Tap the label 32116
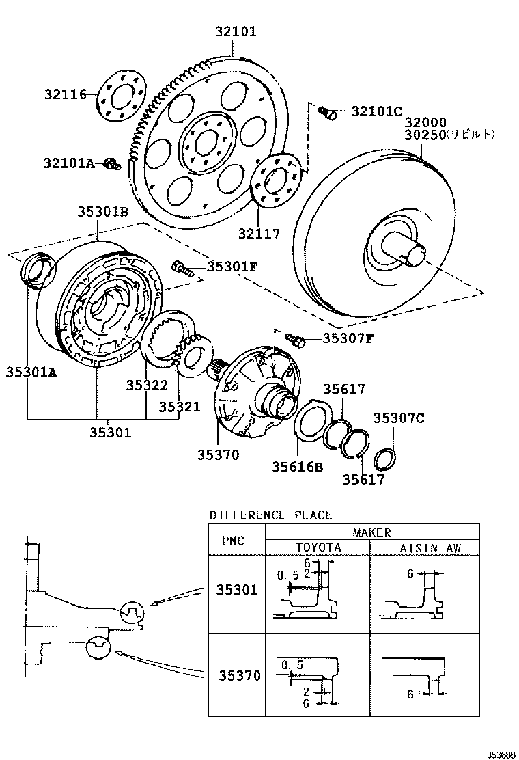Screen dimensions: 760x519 (66, 94)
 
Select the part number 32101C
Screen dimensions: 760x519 (376, 111)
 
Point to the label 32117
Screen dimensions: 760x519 (259, 234)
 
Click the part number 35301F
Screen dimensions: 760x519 (232, 267)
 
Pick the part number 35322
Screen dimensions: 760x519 (146, 385)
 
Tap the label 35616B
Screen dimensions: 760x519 (298, 466)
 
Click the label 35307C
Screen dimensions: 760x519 (399, 418)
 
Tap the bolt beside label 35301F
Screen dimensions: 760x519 (182, 267)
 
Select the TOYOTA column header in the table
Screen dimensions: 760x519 (318, 547)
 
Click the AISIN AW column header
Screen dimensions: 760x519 (425, 547)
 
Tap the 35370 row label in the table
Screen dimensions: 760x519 (239, 675)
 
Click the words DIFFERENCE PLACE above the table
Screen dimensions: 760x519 (270, 515)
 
